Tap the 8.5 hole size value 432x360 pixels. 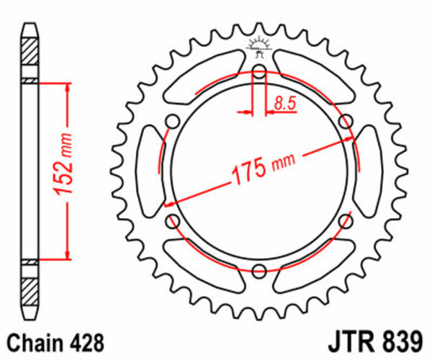(x=284, y=104)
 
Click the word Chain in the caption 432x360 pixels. (x=33, y=341)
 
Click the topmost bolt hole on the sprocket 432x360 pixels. (x=259, y=70)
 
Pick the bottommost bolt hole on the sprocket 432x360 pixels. (x=259, y=271)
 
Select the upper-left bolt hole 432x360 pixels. (x=172, y=120)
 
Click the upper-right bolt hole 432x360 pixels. (x=346, y=120)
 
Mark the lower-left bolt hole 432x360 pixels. (x=172, y=221)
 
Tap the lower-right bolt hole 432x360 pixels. (x=346, y=221)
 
